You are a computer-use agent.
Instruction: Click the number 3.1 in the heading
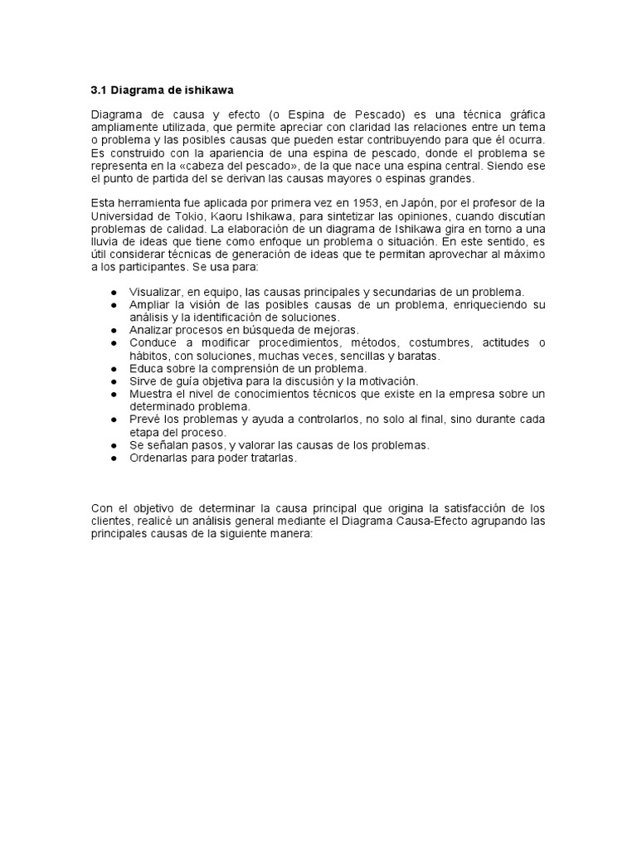100,89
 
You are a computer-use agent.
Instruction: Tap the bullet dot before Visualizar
113,293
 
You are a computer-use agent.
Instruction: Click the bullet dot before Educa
113,368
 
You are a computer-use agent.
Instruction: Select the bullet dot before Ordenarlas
113,457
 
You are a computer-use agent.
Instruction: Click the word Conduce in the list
153,343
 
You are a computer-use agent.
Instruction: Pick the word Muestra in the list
152,394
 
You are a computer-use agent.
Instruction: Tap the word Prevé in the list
145,420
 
